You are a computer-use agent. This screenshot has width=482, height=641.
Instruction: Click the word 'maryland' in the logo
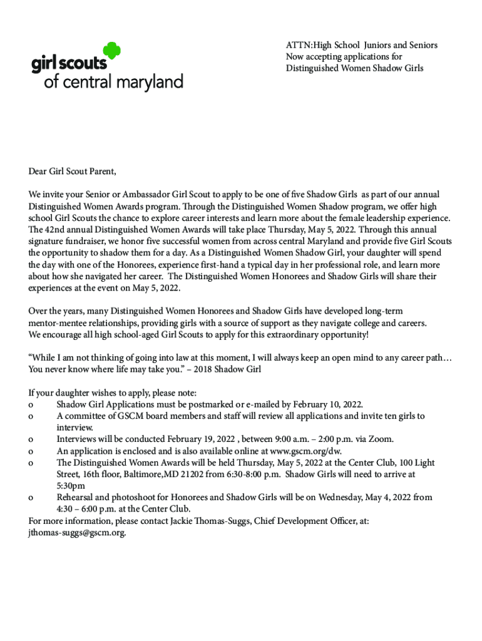[148, 82]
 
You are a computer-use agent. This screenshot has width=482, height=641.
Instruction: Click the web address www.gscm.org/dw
[305, 451]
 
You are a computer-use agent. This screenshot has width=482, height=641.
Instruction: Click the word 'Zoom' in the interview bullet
[381, 439]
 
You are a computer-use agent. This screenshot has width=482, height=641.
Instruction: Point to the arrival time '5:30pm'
[71, 486]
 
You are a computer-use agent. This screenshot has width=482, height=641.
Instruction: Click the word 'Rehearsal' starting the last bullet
[77, 498]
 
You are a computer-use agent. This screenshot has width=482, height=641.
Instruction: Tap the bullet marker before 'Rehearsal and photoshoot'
[31, 498]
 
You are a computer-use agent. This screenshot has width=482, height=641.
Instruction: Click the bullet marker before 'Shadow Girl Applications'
[31, 404]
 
